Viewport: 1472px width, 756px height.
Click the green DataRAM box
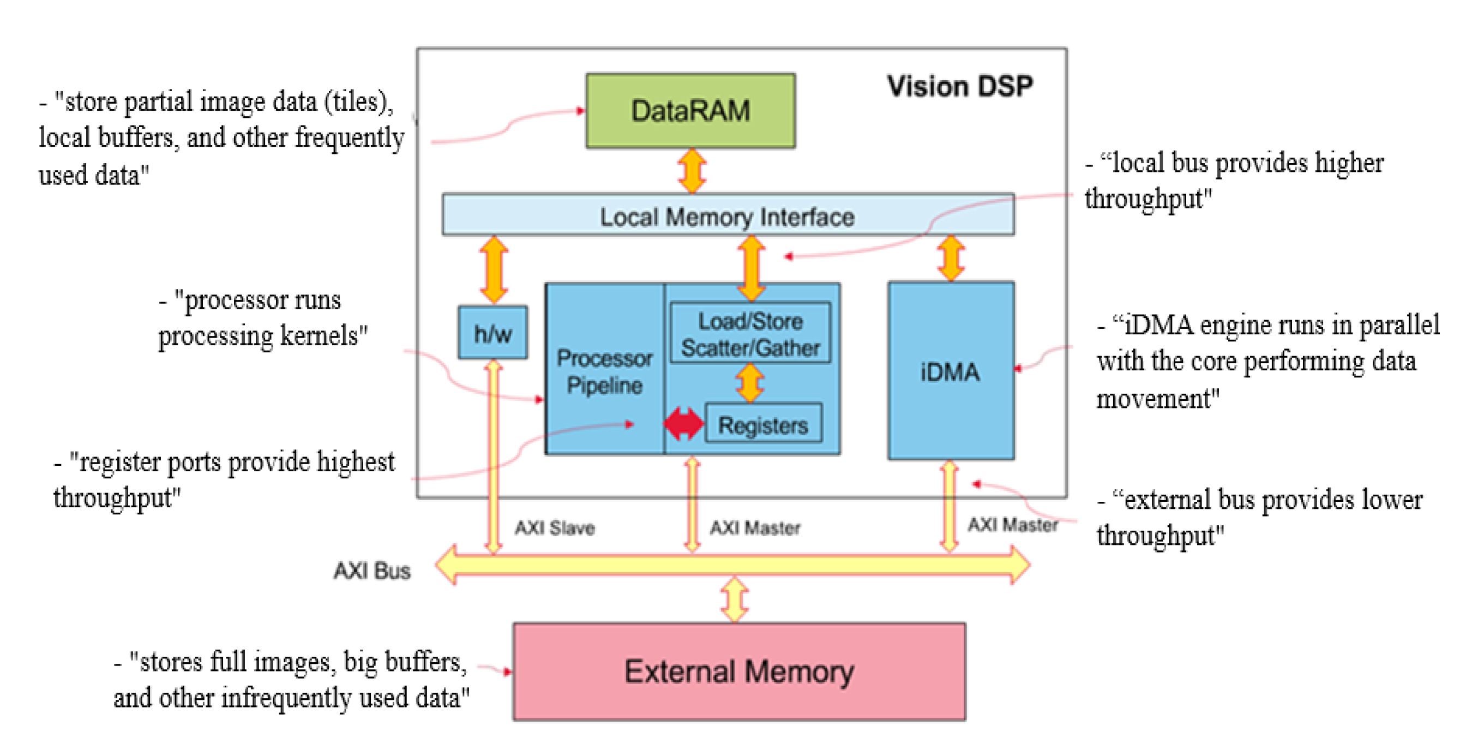click(690, 111)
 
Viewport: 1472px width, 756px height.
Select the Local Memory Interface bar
click(727, 216)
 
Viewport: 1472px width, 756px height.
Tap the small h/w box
click(492, 333)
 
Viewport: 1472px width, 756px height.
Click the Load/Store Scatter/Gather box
click(750, 334)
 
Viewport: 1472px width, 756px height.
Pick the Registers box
click(764, 424)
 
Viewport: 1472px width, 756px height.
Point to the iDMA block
click(950, 371)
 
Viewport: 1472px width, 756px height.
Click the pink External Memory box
click(738, 671)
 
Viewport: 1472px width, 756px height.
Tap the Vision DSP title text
click(959, 86)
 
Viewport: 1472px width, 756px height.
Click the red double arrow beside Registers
click(683, 423)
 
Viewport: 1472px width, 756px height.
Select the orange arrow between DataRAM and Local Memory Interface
click(692, 171)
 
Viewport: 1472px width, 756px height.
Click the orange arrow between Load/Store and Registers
click(750, 382)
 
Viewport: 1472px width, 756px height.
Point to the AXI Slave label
click(554, 527)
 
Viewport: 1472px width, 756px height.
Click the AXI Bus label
click(372, 571)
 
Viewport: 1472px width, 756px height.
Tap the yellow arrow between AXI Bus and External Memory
click(735, 599)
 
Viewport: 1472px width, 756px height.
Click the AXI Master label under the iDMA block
click(1012, 525)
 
